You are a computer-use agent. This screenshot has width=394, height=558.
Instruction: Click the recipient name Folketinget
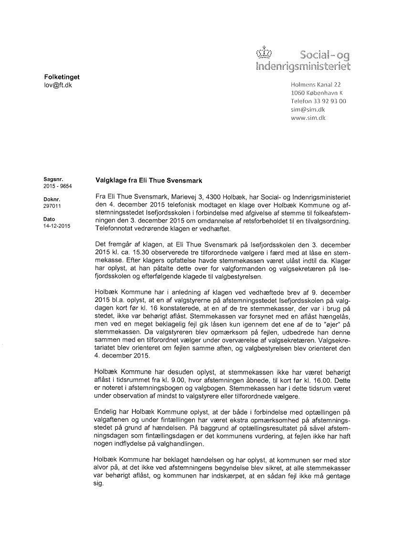(62, 76)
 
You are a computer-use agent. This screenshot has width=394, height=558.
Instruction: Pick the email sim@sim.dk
(308, 109)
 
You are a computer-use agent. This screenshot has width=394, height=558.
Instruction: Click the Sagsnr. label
(53, 180)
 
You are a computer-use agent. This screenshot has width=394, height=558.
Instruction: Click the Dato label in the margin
(49, 219)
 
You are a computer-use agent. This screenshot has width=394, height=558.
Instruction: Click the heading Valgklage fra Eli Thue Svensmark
(149, 181)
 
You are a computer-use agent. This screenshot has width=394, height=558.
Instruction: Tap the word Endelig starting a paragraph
(108, 410)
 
